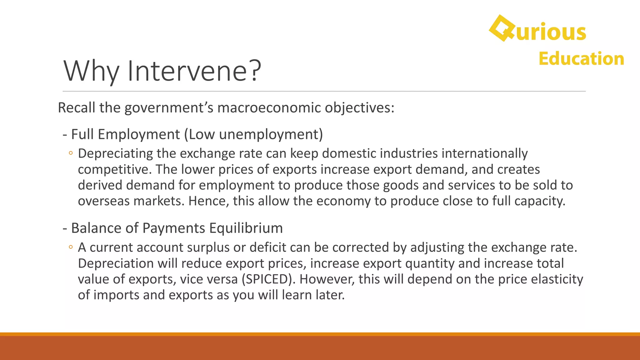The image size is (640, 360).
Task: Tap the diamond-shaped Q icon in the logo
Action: tap(502, 28)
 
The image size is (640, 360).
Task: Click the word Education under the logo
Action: tap(581, 59)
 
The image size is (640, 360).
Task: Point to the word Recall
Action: tap(77, 108)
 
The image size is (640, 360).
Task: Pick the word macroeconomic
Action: tap(269, 108)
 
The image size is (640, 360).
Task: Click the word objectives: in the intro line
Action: tap(359, 108)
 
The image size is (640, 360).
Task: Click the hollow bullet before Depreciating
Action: tap(71, 153)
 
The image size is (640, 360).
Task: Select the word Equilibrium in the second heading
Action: tap(246, 228)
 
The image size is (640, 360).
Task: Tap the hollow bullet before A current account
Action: tap(71, 247)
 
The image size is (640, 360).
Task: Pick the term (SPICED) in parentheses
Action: tap(268, 279)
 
